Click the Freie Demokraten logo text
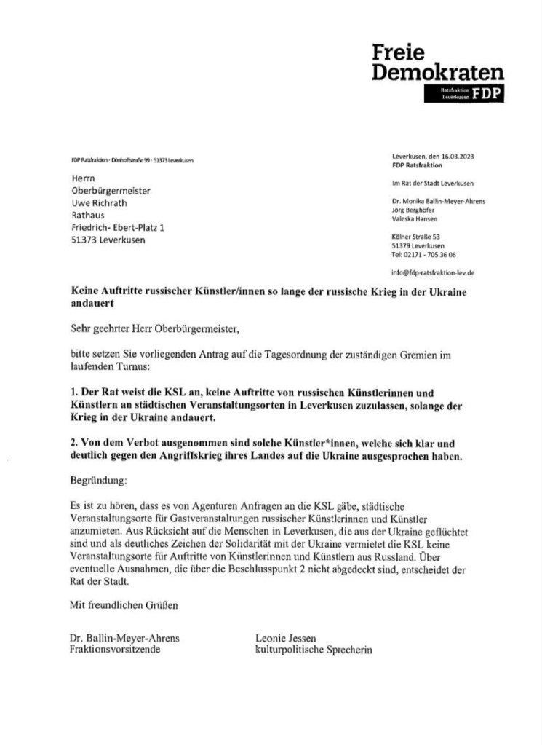(437, 63)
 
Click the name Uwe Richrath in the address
(103, 203)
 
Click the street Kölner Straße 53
(415, 237)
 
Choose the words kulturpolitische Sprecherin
(314, 649)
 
